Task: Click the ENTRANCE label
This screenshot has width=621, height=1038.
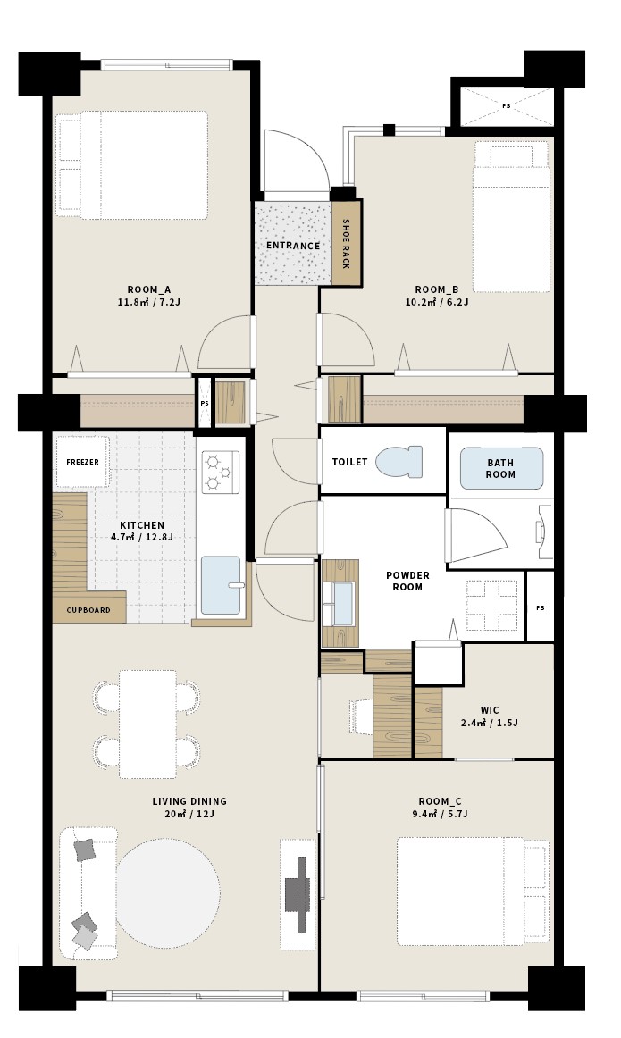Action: click(x=292, y=246)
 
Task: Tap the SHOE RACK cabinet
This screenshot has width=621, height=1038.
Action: click(x=347, y=243)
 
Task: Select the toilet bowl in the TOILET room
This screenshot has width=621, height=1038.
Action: click(x=399, y=462)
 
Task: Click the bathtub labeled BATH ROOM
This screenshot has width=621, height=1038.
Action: click(x=501, y=469)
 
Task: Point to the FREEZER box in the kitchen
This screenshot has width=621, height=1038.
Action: click(x=82, y=462)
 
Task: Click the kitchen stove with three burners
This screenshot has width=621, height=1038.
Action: click(x=221, y=472)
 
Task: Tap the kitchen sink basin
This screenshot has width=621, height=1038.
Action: click(x=221, y=586)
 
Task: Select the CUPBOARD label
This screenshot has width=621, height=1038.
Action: click(x=88, y=610)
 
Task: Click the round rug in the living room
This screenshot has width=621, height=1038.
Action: click(x=168, y=893)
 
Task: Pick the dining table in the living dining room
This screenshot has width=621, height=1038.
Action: click(x=147, y=724)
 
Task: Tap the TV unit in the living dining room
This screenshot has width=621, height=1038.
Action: click(x=298, y=894)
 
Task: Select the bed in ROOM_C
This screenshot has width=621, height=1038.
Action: click(x=473, y=892)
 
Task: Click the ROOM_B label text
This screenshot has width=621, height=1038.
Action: click(x=437, y=289)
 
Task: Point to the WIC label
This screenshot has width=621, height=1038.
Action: click(x=490, y=710)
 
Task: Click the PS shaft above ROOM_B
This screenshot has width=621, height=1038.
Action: click(x=507, y=106)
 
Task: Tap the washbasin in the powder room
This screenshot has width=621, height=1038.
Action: click(x=339, y=603)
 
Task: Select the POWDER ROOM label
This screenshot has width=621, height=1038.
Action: click(x=407, y=582)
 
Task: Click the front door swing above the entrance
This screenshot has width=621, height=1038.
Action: click(x=297, y=162)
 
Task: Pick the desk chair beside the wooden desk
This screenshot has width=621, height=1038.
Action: click(x=361, y=716)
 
